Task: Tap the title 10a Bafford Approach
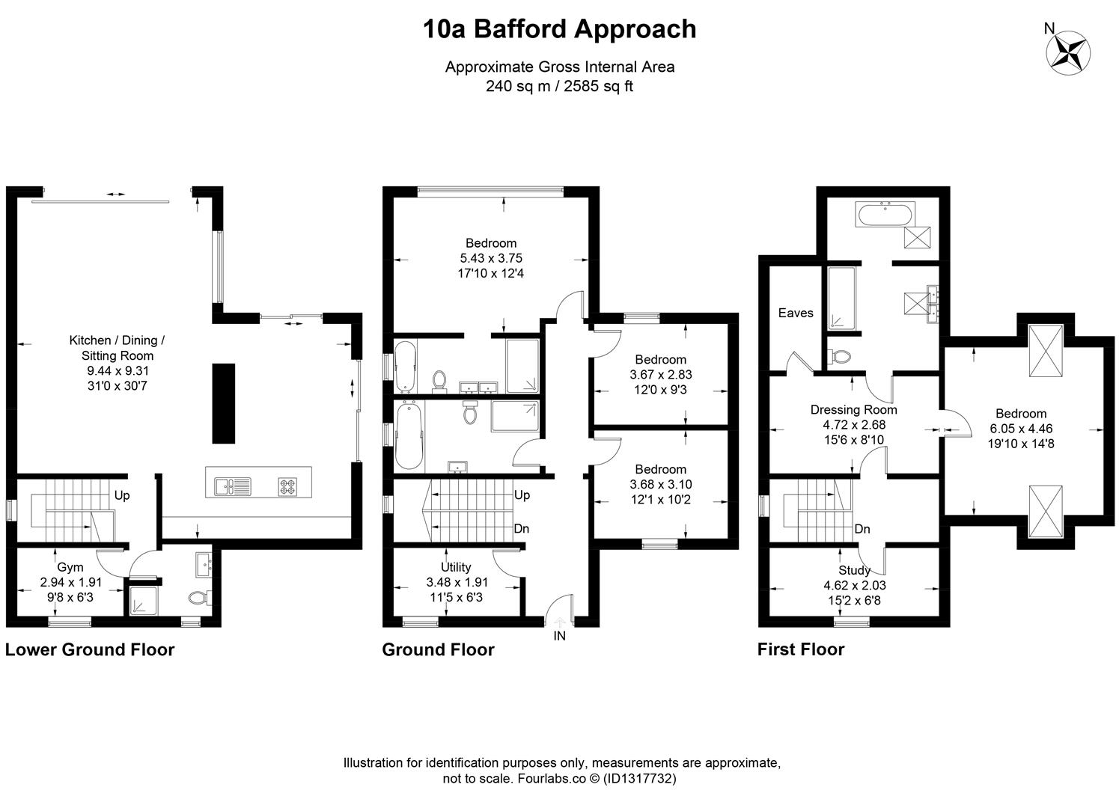(x=560, y=29)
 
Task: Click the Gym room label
(x=70, y=567)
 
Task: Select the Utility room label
(x=456, y=567)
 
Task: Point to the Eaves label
(x=796, y=313)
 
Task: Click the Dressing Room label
(x=854, y=410)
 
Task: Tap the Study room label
(x=854, y=570)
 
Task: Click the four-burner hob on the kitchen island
(x=287, y=486)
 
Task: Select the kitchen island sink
(x=233, y=486)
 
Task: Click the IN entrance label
(x=560, y=636)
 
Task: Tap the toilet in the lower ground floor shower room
(x=201, y=598)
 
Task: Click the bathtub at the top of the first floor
(x=885, y=214)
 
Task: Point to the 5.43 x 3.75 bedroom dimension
(x=491, y=258)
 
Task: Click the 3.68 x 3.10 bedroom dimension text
(x=660, y=484)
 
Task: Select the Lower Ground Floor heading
(x=90, y=649)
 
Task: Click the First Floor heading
(x=801, y=649)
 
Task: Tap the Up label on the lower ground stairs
(x=122, y=495)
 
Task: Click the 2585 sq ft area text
(x=599, y=86)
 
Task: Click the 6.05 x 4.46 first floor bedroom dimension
(x=1021, y=429)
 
